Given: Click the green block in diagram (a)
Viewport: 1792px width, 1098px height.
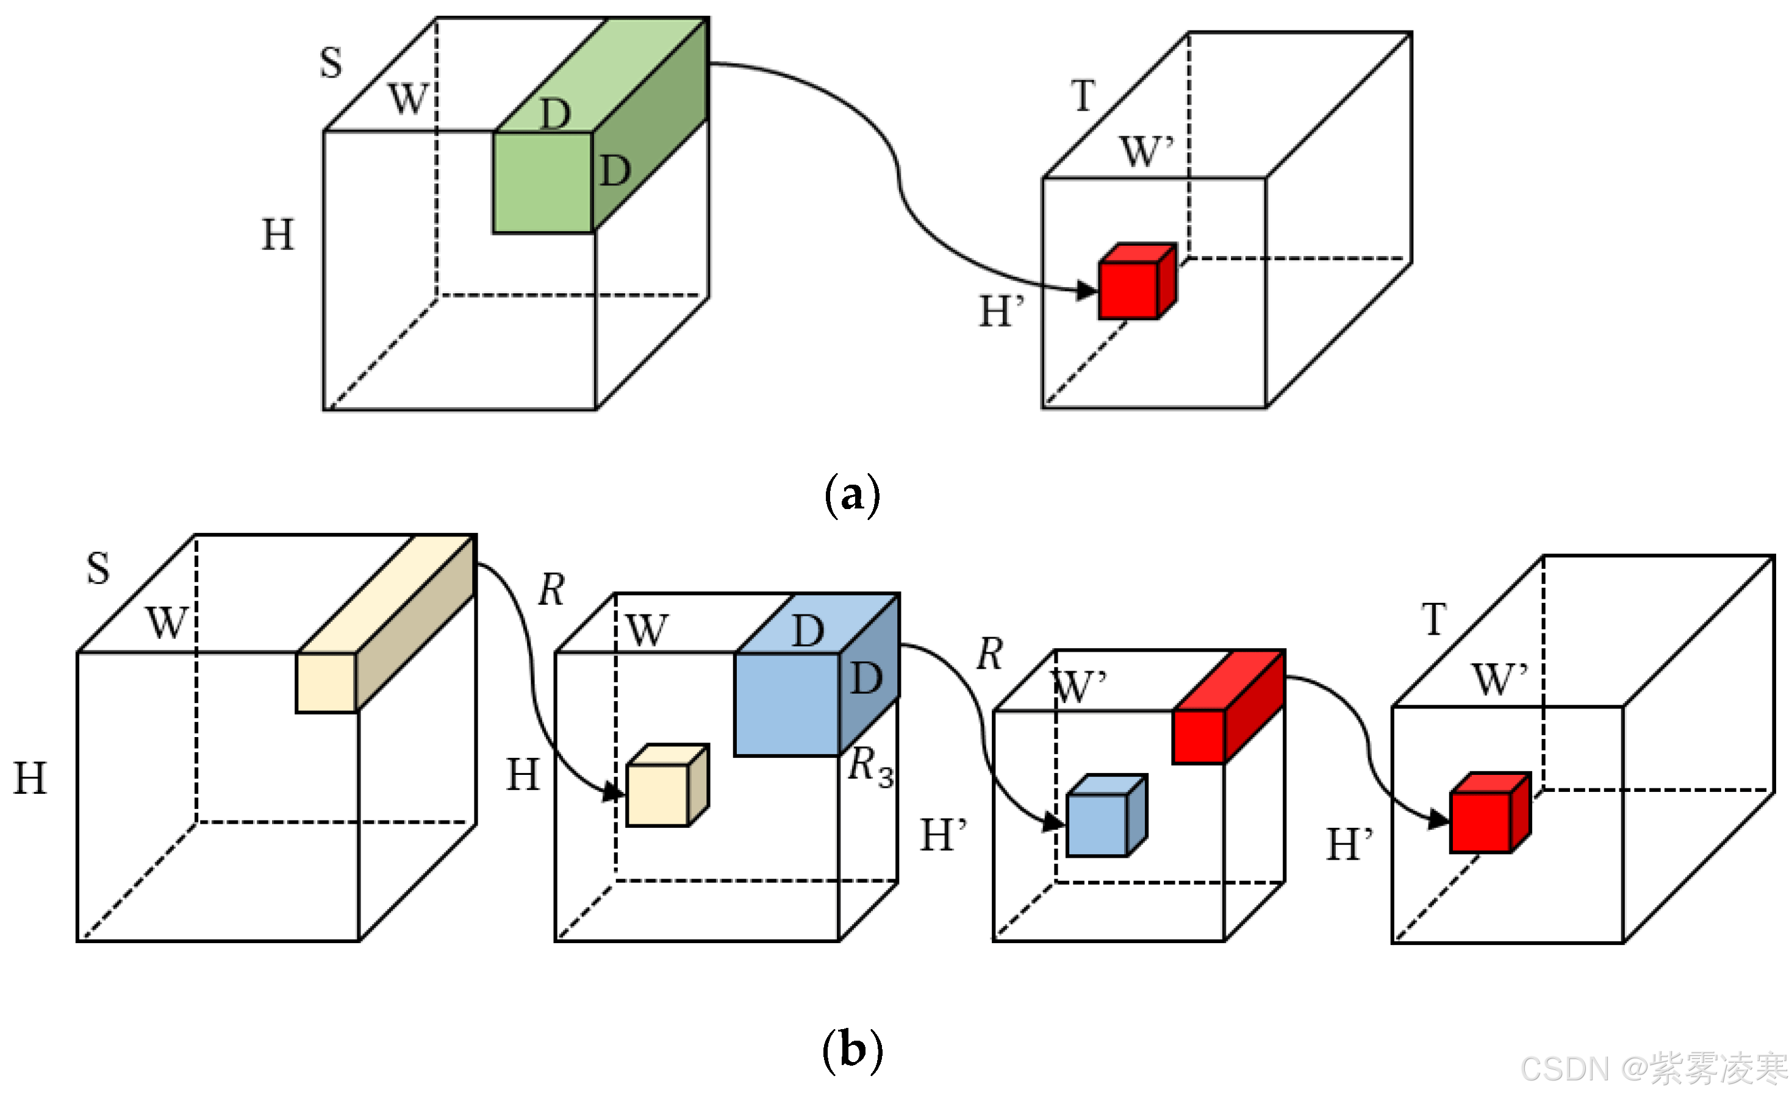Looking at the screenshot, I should coord(543,182).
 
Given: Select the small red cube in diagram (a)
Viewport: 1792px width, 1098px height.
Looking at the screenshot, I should coord(1129,290).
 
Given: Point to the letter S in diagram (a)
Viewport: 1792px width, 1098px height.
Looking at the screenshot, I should coord(331,63).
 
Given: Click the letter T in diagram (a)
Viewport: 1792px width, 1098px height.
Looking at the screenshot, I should coord(1083,95).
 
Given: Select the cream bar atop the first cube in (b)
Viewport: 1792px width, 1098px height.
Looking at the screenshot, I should coord(326,682).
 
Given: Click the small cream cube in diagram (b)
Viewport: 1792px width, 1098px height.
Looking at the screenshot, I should coord(658,795).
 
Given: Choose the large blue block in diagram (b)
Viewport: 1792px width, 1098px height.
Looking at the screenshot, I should coord(787,704).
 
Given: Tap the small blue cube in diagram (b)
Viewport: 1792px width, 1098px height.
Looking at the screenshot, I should coord(1097,825).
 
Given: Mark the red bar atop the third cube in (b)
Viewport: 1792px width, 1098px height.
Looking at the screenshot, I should coord(1199,736).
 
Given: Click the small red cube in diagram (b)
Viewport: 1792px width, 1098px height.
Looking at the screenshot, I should coord(1481,822).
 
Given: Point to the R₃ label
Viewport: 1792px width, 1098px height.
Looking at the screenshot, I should coord(870,767).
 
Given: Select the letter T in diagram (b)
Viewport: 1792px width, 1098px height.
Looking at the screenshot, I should coord(1434,619).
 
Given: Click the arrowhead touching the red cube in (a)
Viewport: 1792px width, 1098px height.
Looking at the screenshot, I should coord(1086,291).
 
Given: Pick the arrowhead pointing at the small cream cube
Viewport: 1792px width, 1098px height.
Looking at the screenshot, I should coord(614,792).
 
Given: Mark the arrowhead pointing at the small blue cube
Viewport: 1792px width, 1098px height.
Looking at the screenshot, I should coord(1053,822).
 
